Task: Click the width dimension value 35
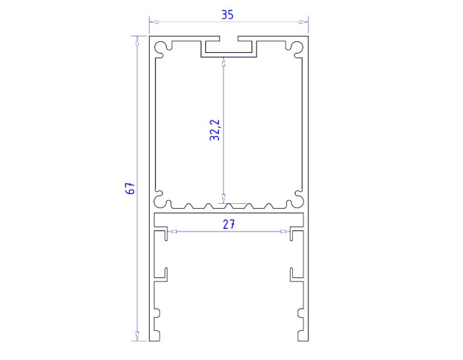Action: (x=228, y=14)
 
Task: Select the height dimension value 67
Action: (x=130, y=188)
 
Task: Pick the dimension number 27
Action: (x=228, y=224)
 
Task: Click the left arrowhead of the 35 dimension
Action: (x=152, y=22)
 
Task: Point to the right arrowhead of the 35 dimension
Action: (x=304, y=22)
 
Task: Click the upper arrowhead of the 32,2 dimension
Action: (x=224, y=61)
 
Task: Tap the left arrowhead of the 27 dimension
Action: (x=171, y=232)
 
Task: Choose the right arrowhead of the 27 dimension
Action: (x=286, y=232)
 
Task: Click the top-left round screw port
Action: (x=163, y=48)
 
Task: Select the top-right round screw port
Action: (x=294, y=48)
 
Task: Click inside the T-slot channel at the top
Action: (x=229, y=48)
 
